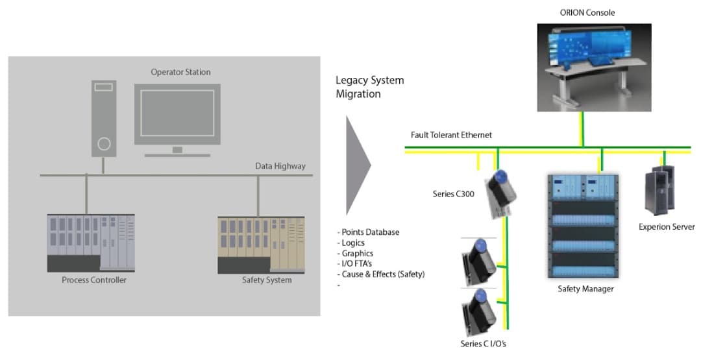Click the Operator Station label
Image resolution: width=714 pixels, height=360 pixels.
[x=180, y=72]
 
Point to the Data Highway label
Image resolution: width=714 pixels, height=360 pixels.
[x=280, y=166]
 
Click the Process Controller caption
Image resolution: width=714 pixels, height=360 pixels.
[x=94, y=280]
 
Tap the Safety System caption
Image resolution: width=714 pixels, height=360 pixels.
[x=267, y=280]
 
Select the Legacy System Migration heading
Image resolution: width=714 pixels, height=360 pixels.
[x=369, y=87]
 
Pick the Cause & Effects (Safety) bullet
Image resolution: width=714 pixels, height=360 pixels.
[x=382, y=274]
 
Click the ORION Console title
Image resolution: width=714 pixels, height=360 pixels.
[x=587, y=12]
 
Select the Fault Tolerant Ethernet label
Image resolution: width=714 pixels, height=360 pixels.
[x=451, y=135]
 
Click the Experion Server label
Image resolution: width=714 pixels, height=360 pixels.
[x=667, y=227]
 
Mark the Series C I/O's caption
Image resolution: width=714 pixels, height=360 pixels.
[x=482, y=344]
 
